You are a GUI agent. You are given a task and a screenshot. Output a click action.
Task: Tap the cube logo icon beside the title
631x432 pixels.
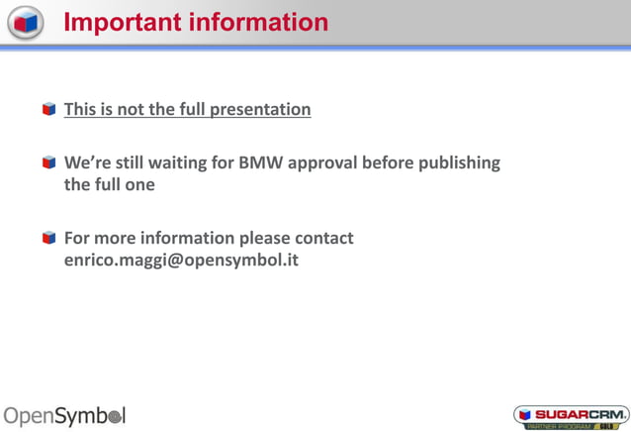click(25, 21)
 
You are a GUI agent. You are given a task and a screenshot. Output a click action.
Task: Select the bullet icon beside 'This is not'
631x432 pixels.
click(48, 109)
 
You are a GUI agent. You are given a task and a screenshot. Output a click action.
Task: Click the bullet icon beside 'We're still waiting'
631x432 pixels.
click(48, 162)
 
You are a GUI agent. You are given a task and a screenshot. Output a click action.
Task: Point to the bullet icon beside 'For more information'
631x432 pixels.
click(48, 238)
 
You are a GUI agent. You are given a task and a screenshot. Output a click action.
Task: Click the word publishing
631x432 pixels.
click(462, 162)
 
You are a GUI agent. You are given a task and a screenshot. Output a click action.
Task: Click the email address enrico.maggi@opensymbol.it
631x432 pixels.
click(181, 261)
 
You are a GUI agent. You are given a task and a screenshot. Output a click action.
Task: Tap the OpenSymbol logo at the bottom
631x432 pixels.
click(65, 415)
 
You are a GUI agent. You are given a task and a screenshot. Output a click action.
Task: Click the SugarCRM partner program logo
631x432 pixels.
click(571, 416)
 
